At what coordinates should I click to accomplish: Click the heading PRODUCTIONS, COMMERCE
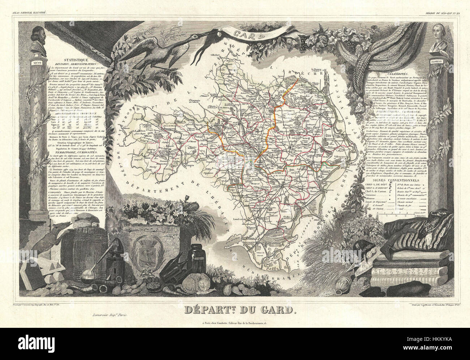[397, 112]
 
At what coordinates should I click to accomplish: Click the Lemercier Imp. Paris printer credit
[108, 315]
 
